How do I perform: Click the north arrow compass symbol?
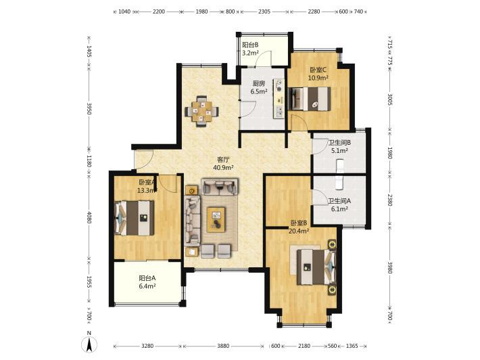(x=89, y=344)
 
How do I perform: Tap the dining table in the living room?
(x=201, y=111)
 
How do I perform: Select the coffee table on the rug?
(x=216, y=220)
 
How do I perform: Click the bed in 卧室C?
(x=310, y=98)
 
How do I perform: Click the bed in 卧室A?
(x=134, y=218)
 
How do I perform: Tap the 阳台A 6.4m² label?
(x=147, y=282)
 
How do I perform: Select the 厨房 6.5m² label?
(x=259, y=87)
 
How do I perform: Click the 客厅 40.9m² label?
(x=223, y=163)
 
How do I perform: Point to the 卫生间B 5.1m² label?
(x=339, y=146)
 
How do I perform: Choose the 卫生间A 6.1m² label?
(x=339, y=205)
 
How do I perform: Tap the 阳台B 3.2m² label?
(x=250, y=49)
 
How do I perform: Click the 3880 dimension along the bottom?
(x=223, y=346)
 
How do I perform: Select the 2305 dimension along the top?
(x=264, y=12)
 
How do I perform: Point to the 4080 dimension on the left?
(x=89, y=217)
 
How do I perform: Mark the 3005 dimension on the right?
(x=390, y=99)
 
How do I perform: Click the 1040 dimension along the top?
(x=124, y=12)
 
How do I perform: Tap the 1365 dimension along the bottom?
(x=352, y=346)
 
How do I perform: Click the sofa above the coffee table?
(x=220, y=187)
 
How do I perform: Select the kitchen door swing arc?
(x=250, y=109)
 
